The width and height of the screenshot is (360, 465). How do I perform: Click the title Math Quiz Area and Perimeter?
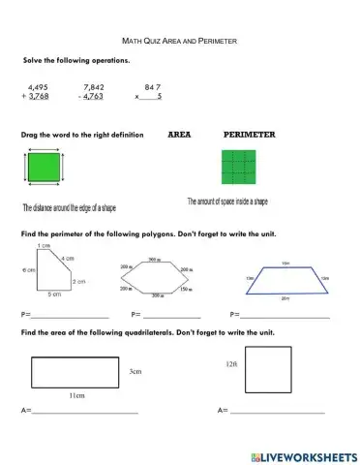[x=179, y=42]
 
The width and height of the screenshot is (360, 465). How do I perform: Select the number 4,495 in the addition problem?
[x=40, y=86]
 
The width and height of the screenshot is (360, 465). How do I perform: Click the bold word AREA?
[x=183, y=135]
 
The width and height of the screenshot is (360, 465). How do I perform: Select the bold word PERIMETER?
[x=250, y=135]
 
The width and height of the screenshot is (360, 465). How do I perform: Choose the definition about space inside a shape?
[x=227, y=201]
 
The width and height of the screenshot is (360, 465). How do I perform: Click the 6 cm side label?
[x=28, y=269]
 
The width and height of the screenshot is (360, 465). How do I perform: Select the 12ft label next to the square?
[x=230, y=363]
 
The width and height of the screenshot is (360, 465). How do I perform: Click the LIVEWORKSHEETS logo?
[x=302, y=455]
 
